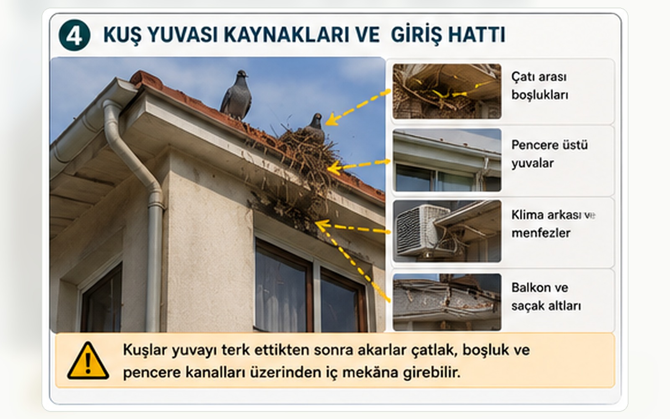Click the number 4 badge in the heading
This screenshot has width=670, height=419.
point(75,35)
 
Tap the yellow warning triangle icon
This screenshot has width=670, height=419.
point(88,361)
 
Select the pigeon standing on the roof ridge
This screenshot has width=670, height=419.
point(236,95)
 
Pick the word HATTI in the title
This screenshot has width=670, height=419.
point(477,35)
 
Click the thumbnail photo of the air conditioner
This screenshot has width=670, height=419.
point(447,231)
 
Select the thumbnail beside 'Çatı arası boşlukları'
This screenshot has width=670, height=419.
point(447,91)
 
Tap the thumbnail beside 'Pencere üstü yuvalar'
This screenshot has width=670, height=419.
point(447,160)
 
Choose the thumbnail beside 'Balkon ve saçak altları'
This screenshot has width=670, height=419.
point(447,302)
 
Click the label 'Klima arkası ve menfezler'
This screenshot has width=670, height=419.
point(553,224)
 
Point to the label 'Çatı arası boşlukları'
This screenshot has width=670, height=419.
point(540,86)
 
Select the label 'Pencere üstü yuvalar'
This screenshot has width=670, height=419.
point(549,154)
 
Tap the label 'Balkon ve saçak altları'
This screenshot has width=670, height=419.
point(546,297)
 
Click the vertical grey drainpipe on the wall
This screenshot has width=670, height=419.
point(155,254)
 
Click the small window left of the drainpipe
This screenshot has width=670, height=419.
point(102,299)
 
